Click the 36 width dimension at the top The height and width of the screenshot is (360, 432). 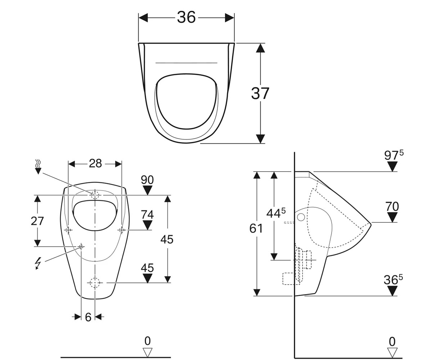point(186,17)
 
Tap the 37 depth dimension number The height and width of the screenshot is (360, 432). point(260,93)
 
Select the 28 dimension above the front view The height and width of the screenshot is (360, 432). point(95,163)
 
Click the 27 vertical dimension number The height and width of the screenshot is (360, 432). point(37,221)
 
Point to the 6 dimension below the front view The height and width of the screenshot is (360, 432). point(88,317)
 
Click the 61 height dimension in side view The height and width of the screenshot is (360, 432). point(256,228)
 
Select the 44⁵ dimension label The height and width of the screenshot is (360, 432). point(276,213)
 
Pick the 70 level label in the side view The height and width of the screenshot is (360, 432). point(392,207)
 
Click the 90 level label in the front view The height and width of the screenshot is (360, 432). point(147,180)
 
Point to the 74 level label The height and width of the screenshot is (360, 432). point(147,215)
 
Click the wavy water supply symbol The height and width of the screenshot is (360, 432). point(38,167)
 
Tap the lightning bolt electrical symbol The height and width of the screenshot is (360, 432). point(38,264)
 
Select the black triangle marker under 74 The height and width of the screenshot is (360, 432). point(147,225)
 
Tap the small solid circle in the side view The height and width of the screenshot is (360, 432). point(301,217)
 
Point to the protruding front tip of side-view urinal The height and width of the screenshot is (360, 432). point(372,224)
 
